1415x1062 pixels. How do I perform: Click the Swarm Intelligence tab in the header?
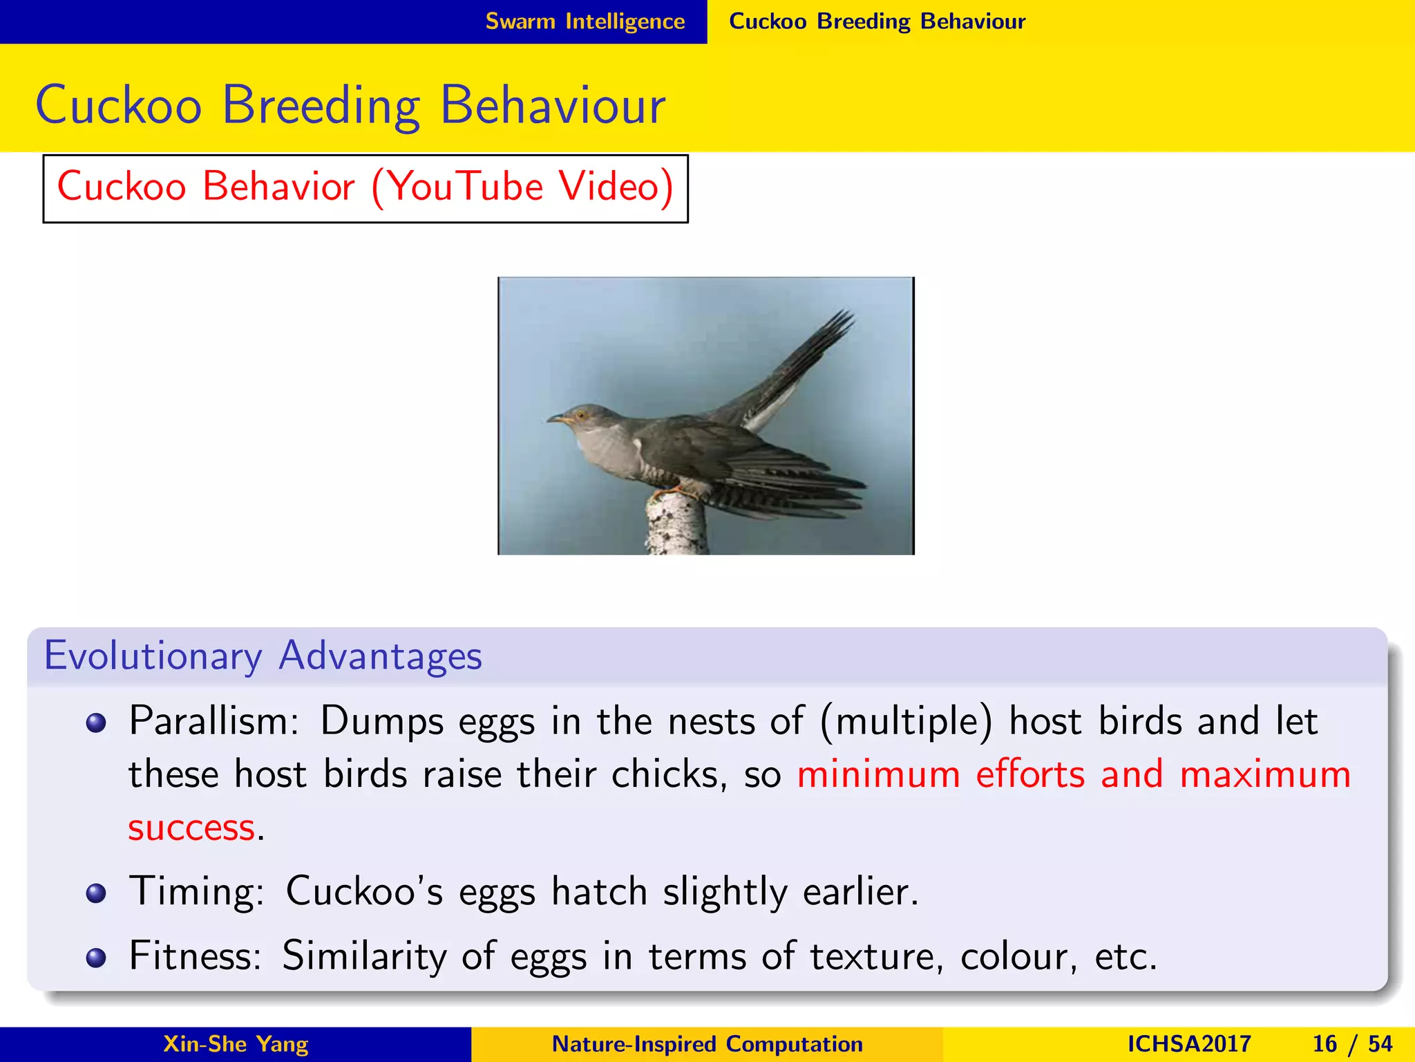585,21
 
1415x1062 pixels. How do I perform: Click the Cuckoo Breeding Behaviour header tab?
877,21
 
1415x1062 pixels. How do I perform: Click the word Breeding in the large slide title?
321,105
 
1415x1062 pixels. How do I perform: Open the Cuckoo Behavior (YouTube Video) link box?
365,188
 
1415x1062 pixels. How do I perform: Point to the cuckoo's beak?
557,418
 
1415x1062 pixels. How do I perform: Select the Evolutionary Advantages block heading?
263,655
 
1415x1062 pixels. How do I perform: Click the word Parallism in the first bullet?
213,722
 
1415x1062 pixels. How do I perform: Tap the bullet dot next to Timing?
96,893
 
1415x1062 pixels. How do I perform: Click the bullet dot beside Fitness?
96,958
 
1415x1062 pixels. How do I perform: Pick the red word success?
191,828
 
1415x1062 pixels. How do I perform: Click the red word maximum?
1264,774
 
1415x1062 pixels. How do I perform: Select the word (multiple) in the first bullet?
906,722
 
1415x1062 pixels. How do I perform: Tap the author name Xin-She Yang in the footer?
236,1044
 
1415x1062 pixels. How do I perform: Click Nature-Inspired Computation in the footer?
707,1044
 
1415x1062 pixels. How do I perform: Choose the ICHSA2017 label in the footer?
1188,1044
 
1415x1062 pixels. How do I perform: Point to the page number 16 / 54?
1351,1044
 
